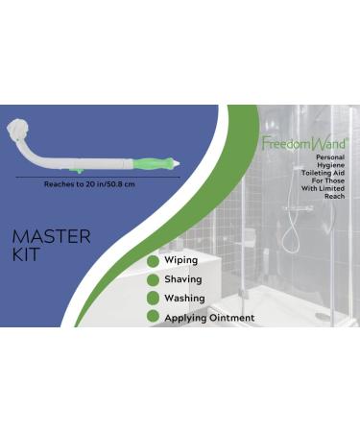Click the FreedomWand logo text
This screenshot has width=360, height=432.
point(303,144)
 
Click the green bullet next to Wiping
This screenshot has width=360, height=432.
point(152,260)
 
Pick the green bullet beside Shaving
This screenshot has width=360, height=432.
point(152,279)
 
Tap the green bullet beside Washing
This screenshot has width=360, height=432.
point(152,298)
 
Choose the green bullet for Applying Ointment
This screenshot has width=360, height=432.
point(152,317)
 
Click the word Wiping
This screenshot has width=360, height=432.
point(181,260)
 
